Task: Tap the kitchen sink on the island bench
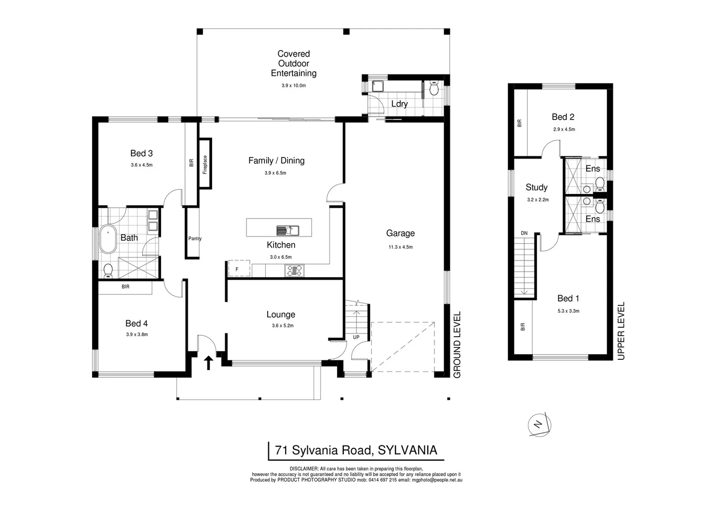(x=287, y=230)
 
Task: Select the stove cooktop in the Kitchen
(x=294, y=271)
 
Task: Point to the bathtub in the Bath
(x=109, y=240)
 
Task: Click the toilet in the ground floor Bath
(x=108, y=270)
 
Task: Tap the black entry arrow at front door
(x=208, y=363)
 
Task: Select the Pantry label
(x=195, y=238)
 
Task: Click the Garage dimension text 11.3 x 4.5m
(x=400, y=247)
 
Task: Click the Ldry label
(x=399, y=104)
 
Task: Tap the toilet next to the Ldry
(x=434, y=88)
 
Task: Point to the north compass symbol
(x=539, y=424)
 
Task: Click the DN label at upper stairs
(x=524, y=233)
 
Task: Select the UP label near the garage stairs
(x=356, y=337)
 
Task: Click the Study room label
(x=536, y=187)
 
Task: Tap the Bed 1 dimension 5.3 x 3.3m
(x=568, y=311)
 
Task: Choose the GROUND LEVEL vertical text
(x=457, y=345)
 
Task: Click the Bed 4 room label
(x=136, y=323)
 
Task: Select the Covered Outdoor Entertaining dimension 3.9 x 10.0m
(x=293, y=85)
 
